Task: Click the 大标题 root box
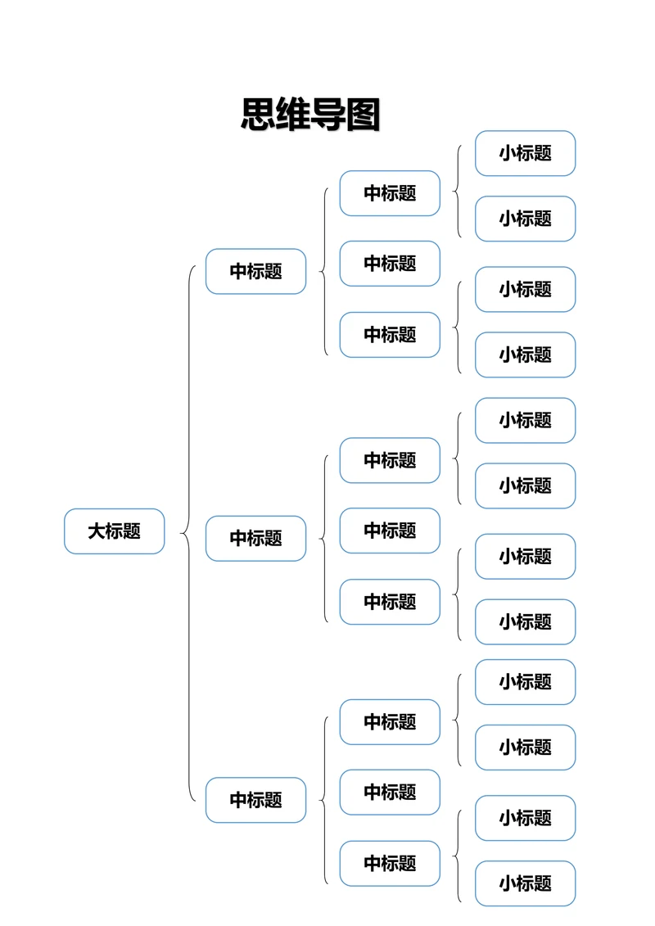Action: [115, 531]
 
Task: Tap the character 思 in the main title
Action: [258, 115]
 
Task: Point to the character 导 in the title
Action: [328, 115]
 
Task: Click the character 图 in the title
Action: [363, 115]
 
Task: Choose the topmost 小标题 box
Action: [525, 153]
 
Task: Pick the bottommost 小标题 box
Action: [525, 883]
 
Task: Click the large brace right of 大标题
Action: [188, 533]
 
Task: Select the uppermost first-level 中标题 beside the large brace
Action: [255, 271]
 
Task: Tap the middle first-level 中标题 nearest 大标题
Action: [255, 538]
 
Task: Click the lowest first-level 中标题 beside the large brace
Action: [255, 800]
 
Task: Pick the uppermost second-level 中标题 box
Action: [390, 193]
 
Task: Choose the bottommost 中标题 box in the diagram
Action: [390, 863]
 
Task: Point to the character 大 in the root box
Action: [97, 531]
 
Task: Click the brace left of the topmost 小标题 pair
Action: [458, 192]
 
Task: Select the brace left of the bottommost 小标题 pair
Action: [458, 856]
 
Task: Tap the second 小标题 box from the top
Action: [525, 219]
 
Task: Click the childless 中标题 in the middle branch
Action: [390, 531]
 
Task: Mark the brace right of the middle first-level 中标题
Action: [324, 539]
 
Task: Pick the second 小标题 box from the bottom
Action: [525, 818]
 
